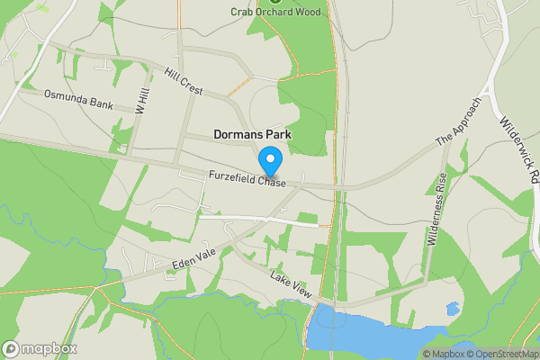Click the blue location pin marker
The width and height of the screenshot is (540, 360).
tap(270, 161)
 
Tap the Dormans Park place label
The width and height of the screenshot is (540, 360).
tap(253, 134)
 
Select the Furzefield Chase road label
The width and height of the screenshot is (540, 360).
tap(247, 180)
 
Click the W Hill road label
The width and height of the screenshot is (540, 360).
tap(141, 98)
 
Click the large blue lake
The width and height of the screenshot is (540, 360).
tap(369, 333)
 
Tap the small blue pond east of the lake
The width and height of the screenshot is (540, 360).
tap(453, 309)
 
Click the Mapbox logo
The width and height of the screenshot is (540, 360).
tap(39, 348)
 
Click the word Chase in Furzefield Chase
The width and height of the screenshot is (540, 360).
tap(269, 184)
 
